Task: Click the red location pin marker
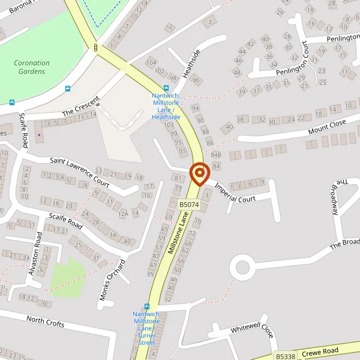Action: [x=199, y=174]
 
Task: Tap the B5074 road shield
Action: [x=188, y=205]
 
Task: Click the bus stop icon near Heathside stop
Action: [x=166, y=88]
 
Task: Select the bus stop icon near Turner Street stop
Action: [x=147, y=306]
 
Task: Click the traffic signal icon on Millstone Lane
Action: [x=95, y=47]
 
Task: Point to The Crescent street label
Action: [x=76, y=111]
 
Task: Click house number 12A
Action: [x=124, y=213]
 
